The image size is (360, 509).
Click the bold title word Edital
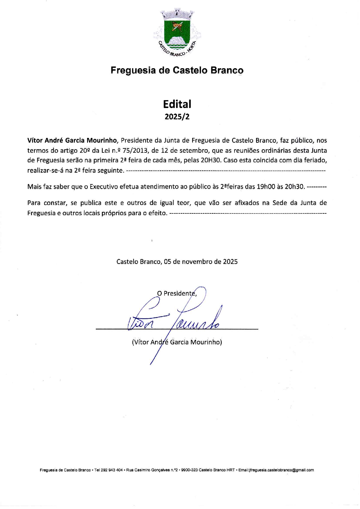[177, 104]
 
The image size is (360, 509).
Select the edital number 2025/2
[177, 117]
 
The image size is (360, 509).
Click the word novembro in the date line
[197, 262]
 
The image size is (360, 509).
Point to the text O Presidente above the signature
[177, 293]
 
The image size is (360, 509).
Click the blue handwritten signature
[174, 321]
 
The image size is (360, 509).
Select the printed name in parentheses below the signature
[177, 342]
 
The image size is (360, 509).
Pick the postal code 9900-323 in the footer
[189, 470]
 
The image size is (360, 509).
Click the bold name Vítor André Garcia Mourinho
[72, 141]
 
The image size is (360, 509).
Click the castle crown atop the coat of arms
[177, 13]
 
